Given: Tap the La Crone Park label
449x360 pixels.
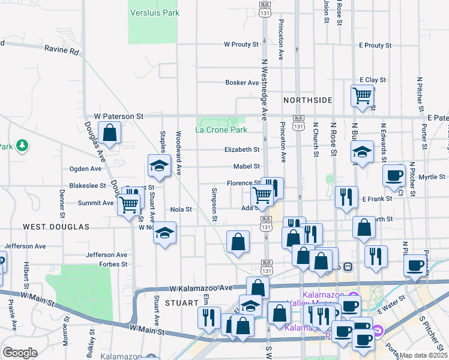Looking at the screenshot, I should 221,130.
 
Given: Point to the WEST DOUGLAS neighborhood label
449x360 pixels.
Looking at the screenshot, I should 56,227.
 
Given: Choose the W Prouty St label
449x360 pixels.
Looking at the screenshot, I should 241,44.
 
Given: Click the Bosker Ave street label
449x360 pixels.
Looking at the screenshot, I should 242,83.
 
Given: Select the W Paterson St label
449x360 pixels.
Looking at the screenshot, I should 119,116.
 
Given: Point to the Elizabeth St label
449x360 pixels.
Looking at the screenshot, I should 242,150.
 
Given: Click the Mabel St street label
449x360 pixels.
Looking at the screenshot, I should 247,167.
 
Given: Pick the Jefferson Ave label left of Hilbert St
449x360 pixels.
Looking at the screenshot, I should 25,247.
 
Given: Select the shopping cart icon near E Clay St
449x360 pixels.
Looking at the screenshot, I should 363,95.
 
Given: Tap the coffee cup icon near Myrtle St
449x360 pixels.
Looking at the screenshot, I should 394,175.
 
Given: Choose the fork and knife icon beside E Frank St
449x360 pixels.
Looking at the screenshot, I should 346,197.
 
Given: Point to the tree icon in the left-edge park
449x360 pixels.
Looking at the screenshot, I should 22,146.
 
